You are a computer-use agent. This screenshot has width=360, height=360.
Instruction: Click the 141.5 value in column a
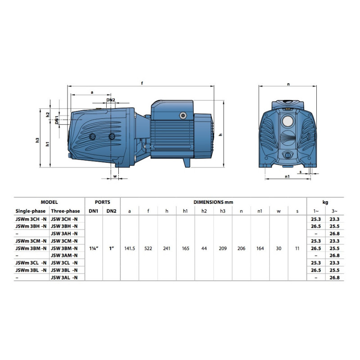[130, 248]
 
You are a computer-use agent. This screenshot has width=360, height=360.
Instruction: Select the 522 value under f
[148, 248]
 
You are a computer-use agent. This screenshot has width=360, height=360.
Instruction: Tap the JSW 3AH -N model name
[64, 234]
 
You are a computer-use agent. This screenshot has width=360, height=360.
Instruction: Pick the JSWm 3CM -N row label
[31, 241]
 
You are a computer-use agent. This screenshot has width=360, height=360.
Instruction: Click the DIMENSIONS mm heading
[213, 202]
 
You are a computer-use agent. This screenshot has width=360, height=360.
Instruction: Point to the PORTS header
[103, 202]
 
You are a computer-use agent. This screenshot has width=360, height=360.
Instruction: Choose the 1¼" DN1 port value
[94, 248]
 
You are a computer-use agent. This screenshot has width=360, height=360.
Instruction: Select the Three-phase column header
[65, 211]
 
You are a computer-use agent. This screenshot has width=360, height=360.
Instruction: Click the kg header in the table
[325, 202]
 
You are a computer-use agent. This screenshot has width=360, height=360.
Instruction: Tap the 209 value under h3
[222, 248]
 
